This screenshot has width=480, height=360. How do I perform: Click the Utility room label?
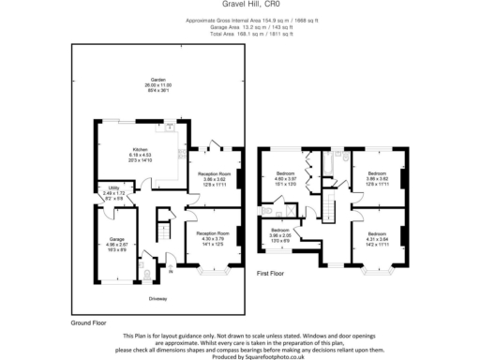point(111,194)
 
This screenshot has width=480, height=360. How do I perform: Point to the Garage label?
point(116,244)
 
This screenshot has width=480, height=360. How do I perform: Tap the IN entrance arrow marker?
point(172,273)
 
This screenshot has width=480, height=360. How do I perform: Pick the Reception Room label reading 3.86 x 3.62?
point(215,179)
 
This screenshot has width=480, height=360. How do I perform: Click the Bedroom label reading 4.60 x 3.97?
point(286,178)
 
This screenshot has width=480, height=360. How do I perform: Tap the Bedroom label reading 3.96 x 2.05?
point(280,233)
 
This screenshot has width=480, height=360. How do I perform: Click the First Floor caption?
point(272,273)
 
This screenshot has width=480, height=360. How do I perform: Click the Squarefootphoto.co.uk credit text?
point(240,356)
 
